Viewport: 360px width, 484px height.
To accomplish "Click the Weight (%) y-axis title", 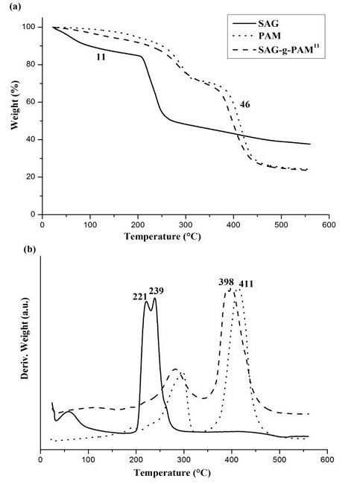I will click(13, 121).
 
